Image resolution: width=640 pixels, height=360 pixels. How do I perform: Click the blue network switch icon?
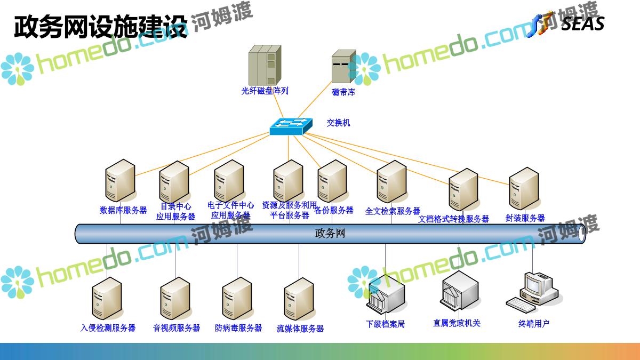pos(291,126)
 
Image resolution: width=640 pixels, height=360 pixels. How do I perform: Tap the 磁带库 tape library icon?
pos(343,67)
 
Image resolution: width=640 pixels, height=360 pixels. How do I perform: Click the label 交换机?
pos(339,123)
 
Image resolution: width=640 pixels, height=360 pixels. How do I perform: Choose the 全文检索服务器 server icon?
pos(392,181)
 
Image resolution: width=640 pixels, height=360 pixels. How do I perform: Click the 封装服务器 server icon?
pos(524,188)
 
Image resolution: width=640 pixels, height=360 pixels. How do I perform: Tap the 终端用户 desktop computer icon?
pos(532,291)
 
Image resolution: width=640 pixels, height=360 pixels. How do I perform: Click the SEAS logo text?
pos(582,23)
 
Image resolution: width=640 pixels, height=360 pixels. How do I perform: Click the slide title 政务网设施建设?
pos(101,27)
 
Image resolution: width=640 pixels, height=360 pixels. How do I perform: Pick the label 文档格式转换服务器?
pos(453,219)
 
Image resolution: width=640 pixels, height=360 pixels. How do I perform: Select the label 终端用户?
pos(534,323)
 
